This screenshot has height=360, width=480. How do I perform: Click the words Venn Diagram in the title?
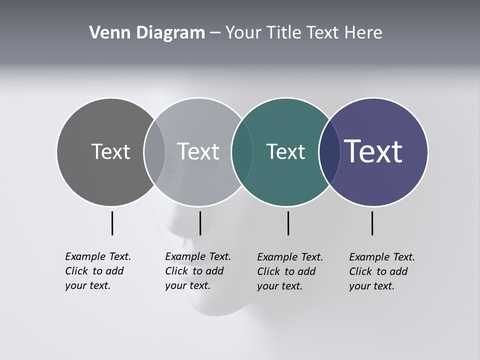[147, 33]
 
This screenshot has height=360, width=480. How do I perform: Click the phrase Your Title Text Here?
[303, 33]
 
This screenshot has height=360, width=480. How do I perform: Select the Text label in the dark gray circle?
[110, 151]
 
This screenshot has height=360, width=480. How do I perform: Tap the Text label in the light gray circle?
[198, 151]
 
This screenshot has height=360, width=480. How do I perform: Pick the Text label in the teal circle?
[285, 151]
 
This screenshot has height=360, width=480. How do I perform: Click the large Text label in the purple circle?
[373, 151]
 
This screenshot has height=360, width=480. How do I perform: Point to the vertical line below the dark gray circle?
[112, 223]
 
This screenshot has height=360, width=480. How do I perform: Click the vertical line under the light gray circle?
[200, 223]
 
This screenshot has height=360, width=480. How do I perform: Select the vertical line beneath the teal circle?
[288, 223]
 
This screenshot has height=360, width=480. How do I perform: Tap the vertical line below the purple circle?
[372, 223]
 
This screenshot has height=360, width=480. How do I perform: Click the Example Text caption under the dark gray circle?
[98, 271]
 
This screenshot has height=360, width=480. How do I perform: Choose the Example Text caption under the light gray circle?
[198, 271]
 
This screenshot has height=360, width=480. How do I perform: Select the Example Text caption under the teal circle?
[290, 271]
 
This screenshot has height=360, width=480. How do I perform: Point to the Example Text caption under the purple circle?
[382, 271]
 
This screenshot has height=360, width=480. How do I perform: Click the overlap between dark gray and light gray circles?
[154, 152]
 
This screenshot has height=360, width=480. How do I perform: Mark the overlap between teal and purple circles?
[327, 152]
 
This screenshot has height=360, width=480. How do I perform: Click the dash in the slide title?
[215, 33]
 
